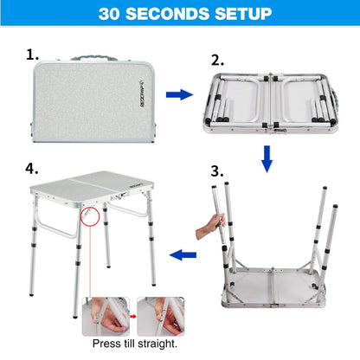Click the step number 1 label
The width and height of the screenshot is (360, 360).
point(33,55)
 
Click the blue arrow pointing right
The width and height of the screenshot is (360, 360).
point(178,94)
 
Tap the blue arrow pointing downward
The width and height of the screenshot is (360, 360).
point(267,157)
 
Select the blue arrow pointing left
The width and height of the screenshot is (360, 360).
point(182,254)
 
